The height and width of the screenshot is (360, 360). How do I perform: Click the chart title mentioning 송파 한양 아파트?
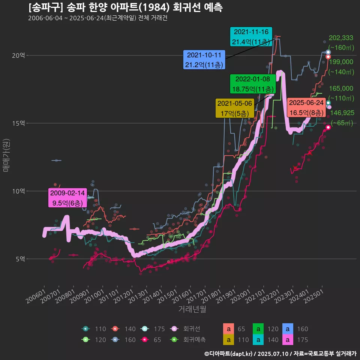(125, 7)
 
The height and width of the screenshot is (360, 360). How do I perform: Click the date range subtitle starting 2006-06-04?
(97, 18)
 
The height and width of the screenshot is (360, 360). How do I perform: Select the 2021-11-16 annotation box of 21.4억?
(250, 37)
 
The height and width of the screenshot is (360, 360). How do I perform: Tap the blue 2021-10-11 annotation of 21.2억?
(204, 60)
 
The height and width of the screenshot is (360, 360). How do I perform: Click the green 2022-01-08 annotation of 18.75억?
(253, 84)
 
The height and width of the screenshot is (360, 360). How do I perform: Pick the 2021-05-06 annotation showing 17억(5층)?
(235, 108)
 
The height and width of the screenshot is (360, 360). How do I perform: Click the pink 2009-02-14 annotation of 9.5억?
(67, 198)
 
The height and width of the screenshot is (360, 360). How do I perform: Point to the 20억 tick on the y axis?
(18, 55)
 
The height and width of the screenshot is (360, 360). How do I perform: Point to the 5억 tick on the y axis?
(20, 259)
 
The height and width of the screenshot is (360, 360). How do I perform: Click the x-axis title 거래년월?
(192, 309)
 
